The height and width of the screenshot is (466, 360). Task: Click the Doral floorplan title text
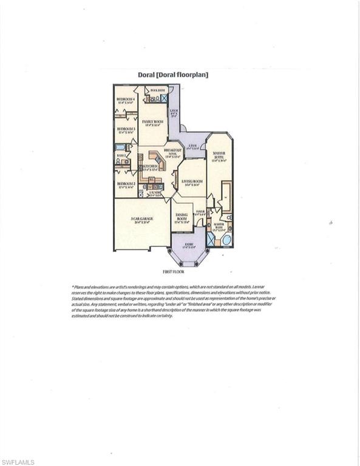[173, 75]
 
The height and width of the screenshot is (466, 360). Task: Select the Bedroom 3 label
[125, 129]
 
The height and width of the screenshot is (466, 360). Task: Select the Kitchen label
[150, 166]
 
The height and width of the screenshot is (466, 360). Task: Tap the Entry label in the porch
[189, 245]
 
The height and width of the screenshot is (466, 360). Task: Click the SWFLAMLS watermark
[18, 462]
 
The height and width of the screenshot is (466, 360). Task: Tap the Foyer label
[199, 212]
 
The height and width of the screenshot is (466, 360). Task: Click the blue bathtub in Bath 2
[120, 147]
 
